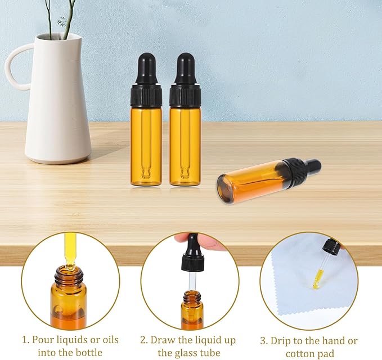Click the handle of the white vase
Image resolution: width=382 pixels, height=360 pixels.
[x=12, y=67]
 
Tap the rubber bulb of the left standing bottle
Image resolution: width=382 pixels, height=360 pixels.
[x=146, y=67]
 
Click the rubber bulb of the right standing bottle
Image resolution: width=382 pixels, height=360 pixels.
[x=185, y=67]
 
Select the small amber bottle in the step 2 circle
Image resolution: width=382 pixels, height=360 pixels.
[x=192, y=309]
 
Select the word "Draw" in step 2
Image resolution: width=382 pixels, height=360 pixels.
[x=164, y=341]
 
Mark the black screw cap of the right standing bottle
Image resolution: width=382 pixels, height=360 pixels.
[x=185, y=96]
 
